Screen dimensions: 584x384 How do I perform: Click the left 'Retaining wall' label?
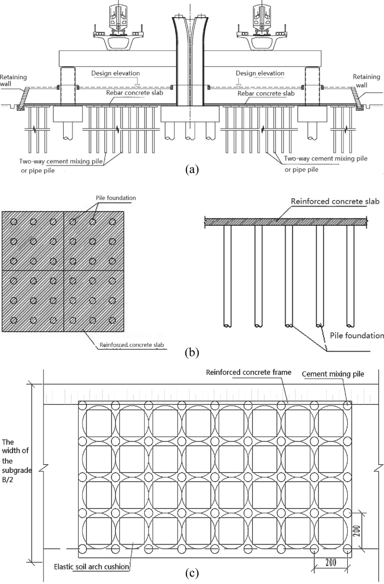pos(14,80)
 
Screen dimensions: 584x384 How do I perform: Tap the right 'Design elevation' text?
pos(260,73)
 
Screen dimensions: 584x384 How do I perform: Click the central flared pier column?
pos(188,64)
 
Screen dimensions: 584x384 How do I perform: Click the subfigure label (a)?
pos(192,170)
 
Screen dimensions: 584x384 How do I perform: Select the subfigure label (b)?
pos(192,352)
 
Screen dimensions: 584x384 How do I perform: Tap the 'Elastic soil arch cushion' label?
pos(92,567)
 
